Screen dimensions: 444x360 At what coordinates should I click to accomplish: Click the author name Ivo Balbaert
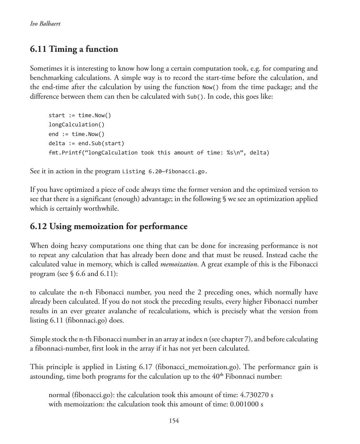[x=45, y=24]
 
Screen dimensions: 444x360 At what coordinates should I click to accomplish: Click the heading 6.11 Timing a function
[x=74, y=49]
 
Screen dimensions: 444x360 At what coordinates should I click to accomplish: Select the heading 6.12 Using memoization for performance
[x=108, y=226]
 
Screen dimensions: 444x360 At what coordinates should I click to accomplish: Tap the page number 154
[x=174, y=421]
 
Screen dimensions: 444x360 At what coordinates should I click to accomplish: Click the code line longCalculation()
[x=76, y=125]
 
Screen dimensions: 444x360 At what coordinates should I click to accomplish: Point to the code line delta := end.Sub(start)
[x=86, y=143]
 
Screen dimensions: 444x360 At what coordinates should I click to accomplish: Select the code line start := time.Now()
[x=80, y=115]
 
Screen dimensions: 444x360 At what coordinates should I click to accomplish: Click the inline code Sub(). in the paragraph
[x=195, y=97]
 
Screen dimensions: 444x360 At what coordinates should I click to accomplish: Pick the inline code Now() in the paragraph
[x=211, y=87]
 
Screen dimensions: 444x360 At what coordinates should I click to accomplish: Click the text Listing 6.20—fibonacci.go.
[x=165, y=171]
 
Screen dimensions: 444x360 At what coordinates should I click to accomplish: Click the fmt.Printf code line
[x=159, y=153]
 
